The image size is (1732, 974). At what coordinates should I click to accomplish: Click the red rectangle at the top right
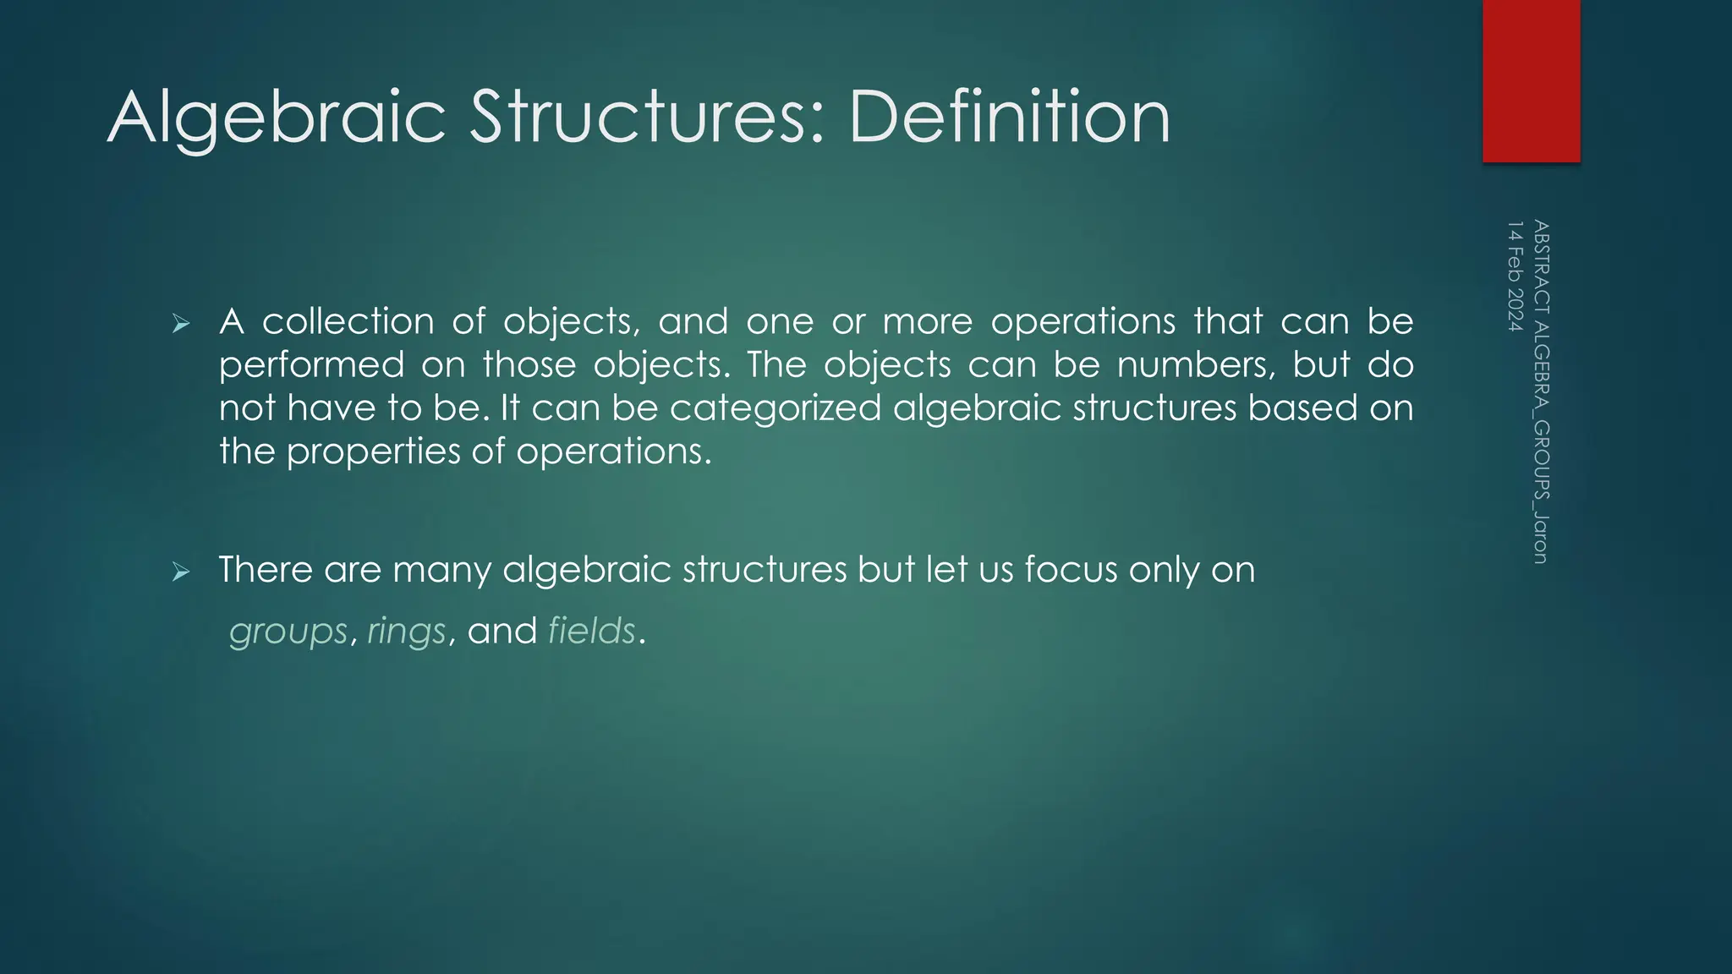(x=1531, y=80)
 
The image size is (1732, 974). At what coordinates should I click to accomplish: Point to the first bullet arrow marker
(x=180, y=323)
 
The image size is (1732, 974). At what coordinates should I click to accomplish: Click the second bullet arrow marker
(x=180, y=572)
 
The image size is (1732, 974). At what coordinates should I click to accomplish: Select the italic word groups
(x=288, y=632)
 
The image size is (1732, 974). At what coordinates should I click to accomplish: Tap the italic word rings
(x=406, y=632)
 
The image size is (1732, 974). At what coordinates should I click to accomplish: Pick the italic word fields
(x=591, y=631)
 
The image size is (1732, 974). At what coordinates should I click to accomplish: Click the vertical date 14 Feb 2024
(x=1515, y=276)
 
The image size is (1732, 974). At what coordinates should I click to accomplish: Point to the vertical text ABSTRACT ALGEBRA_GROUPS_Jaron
(x=1540, y=391)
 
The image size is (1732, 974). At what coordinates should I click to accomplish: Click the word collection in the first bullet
(x=348, y=321)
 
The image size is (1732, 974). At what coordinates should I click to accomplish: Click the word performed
(x=311, y=365)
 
